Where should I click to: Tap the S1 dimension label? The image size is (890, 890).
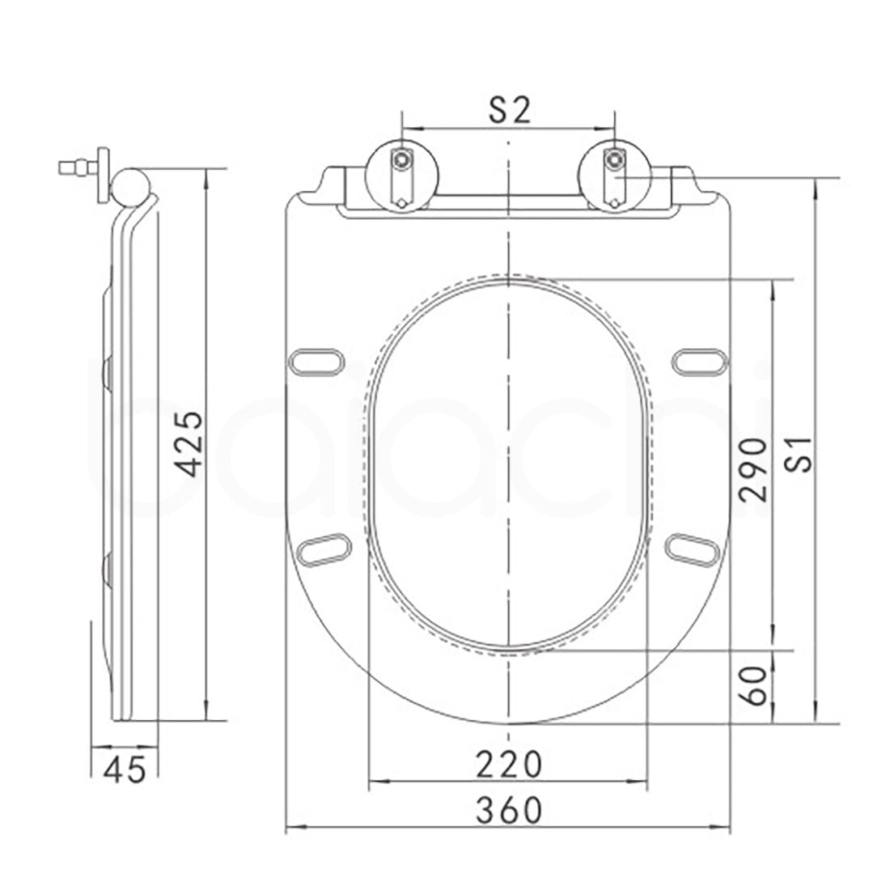(x=801, y=461)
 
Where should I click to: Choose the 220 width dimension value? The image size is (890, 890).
(x=508, y=763)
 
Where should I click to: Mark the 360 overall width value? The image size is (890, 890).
(x=508, y=808)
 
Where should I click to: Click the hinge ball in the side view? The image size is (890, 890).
(x=130, y=185)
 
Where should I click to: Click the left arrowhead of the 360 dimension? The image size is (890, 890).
(x=293, y=828)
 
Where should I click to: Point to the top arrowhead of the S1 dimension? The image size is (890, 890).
(x=816, y=182)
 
